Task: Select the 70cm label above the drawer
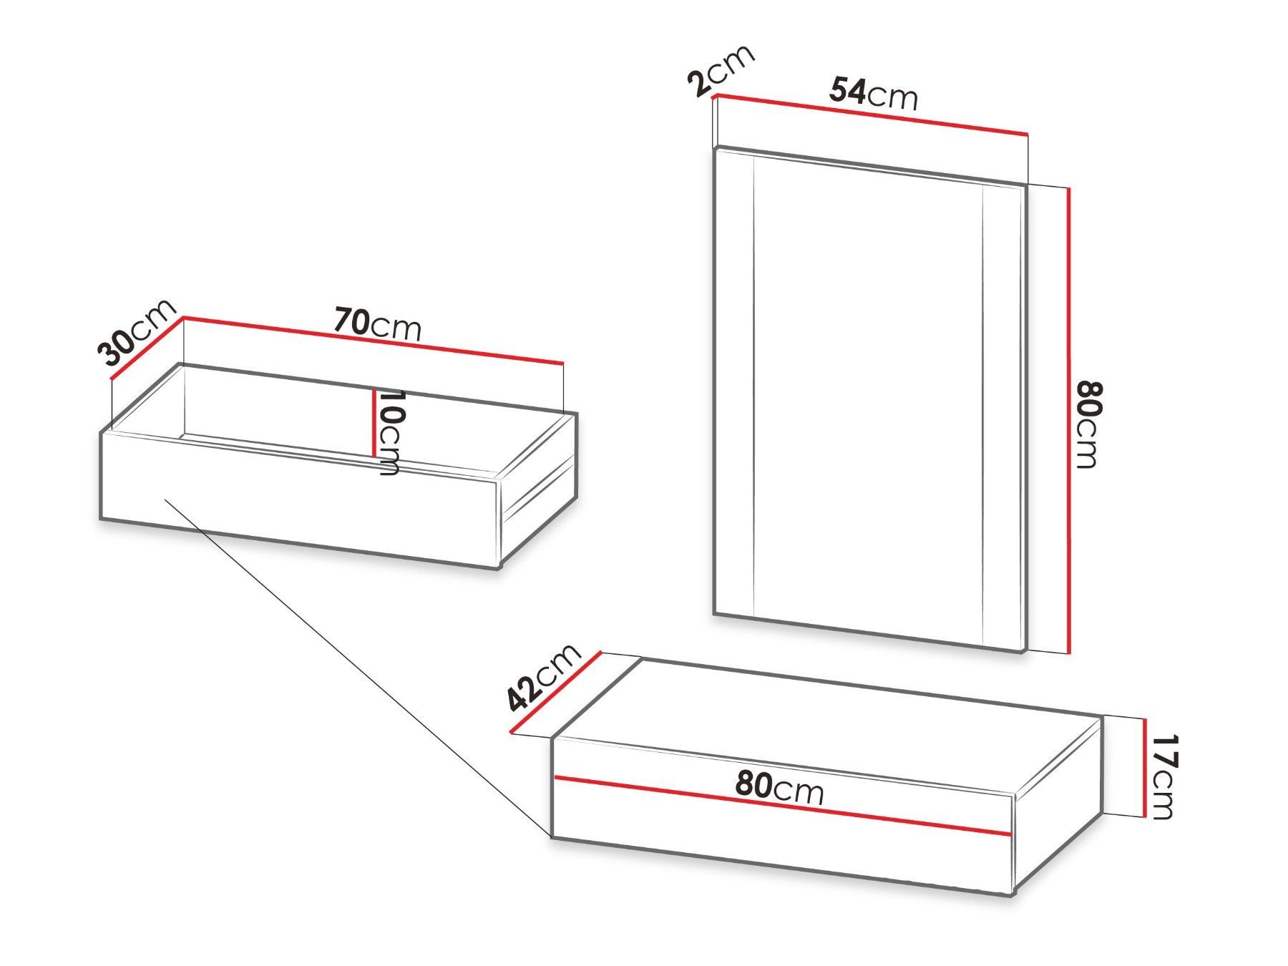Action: (x=378, y=326)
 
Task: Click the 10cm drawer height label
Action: (x=389, y=432)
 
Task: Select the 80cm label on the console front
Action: (x=780, y=789)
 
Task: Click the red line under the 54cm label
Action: (x=871, y=114)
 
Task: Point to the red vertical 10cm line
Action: (x=374, y=422)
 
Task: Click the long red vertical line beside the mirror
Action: (x=1068, y=420)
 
